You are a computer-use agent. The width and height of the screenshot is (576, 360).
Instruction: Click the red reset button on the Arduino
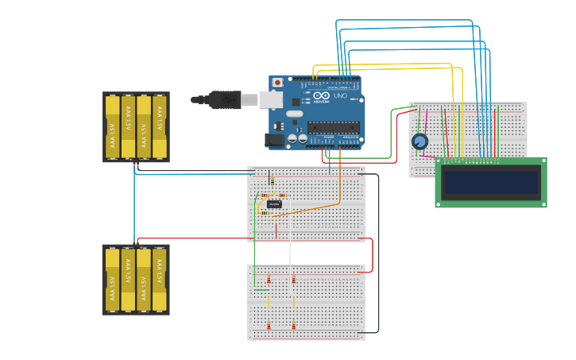pos(277,82)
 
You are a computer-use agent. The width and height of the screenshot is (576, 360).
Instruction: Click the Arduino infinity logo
pos(322,95)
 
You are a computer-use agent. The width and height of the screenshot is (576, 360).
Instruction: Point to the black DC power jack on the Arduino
pos(274,139)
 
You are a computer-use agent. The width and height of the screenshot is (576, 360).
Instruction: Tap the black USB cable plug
pos(225,99)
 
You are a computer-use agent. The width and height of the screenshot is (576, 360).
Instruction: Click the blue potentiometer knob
pos(419,141)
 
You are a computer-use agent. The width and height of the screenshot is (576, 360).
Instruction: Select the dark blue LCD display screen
pos(491,182)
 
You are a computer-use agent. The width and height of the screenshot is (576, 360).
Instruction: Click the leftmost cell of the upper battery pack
pos(112,127)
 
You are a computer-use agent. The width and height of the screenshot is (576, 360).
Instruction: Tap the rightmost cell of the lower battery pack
pos(160,280)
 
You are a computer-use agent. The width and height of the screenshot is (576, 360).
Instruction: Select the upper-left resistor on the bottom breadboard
pos(269,279)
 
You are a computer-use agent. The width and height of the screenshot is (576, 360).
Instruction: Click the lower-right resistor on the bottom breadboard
pos(293,325)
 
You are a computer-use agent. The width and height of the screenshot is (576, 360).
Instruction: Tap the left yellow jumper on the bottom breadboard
pos(269,302)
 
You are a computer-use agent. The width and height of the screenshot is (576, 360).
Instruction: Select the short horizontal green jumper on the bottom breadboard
pos(261,289)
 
